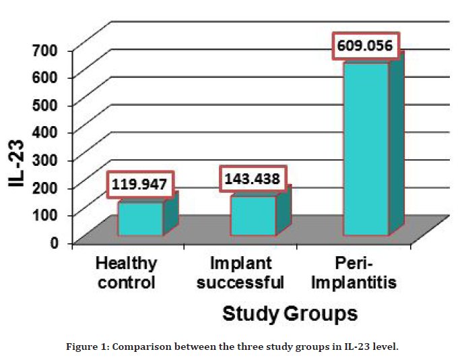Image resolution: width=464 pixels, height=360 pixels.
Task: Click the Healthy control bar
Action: click(x=141, y=218)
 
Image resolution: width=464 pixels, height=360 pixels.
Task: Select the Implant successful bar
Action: click(x=253, y=215)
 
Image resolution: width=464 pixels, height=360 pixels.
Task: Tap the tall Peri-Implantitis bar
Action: click(x=366, y=149)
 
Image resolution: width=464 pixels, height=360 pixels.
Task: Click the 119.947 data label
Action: click(x=139, y=183)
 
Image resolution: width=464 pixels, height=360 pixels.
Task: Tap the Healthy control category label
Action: click(x=127, y=272)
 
